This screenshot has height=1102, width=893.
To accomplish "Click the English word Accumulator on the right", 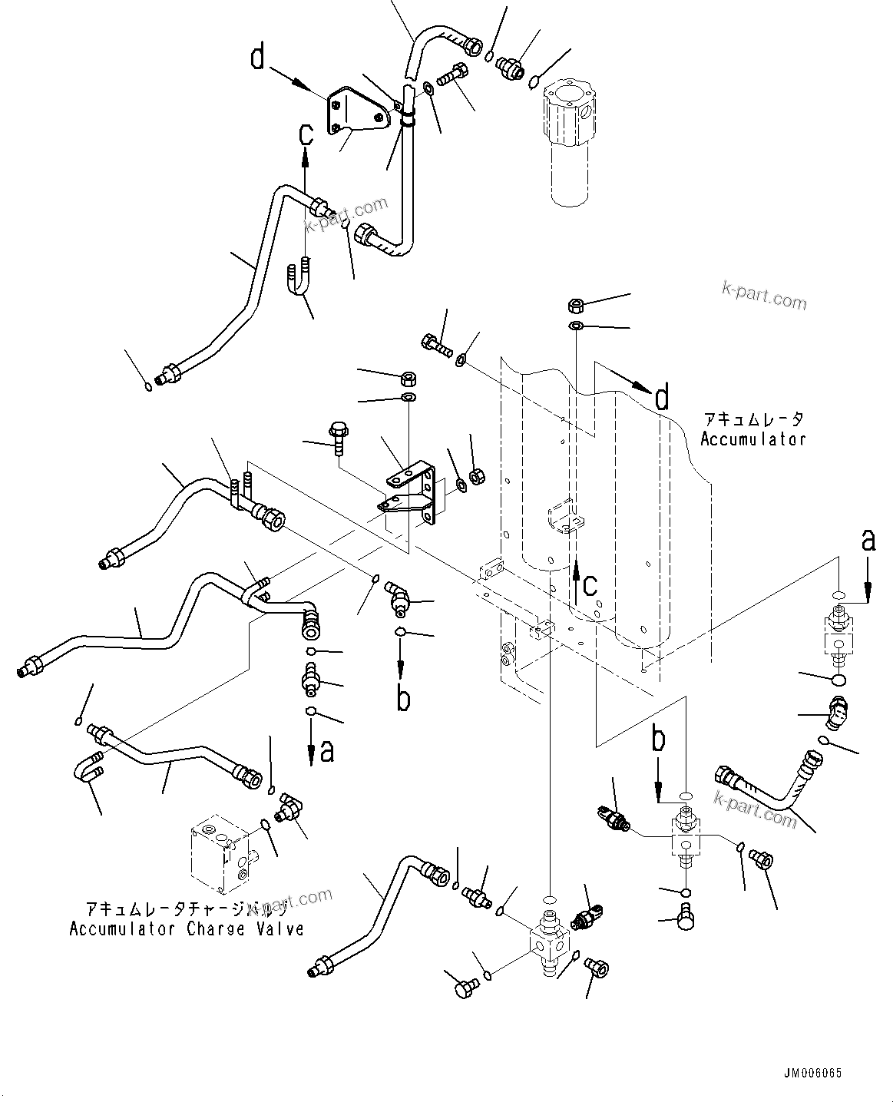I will click(x=752, y=439).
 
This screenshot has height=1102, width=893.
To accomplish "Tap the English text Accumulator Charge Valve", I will click(x=187, y=929).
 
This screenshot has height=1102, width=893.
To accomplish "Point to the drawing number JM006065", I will click(x=813, y=1074).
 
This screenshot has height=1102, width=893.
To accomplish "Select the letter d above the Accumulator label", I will click(x=661, y=399).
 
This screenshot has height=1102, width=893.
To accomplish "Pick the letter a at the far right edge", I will click(x=868, y=541).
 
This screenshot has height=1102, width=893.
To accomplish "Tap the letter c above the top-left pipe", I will click(x=306, y=135).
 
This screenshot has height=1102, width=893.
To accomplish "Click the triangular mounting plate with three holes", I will click(x=356, y=114).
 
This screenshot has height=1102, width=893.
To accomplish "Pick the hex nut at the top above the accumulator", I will click(x=575, y=306).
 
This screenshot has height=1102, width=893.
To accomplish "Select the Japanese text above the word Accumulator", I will click(x=752, y=419).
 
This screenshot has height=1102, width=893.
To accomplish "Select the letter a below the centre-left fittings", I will click(x=327, y=750).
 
